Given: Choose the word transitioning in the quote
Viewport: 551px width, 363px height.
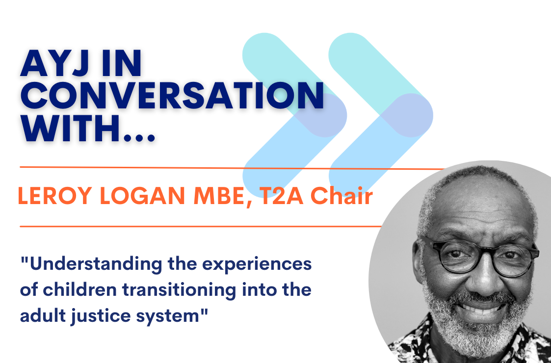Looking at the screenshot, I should [189, 290].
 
